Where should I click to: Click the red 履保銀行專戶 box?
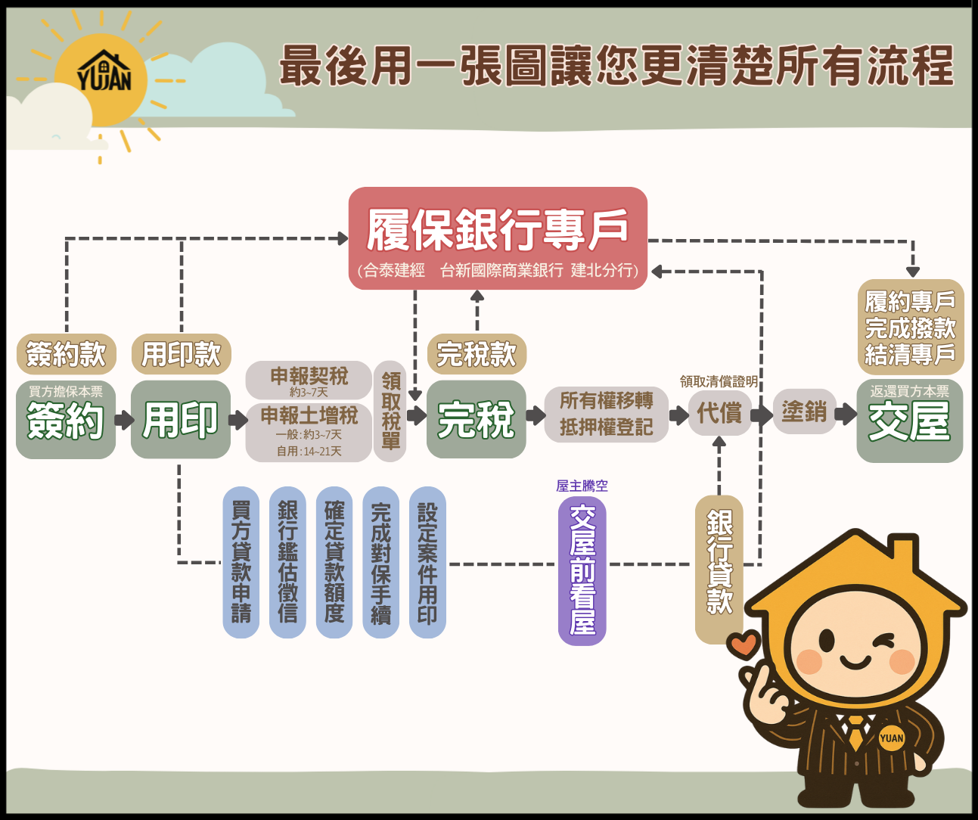click(x=498, y=238)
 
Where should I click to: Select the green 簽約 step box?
click(x=66, y=420)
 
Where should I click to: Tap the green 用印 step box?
click(x=181, y=420)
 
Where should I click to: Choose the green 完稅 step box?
click(x=477, y=420)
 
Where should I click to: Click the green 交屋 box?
click(x=909, y=421)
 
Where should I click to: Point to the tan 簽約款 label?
click(x=67, y=354)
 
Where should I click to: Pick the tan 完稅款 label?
click(x=477, y=354)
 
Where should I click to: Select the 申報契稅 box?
click(x=309, y=380)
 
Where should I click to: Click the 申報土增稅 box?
click(x=309, y=432)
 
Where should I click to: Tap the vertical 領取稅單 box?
click(x=390, y=412)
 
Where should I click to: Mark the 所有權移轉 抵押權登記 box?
click(x=607, y=414)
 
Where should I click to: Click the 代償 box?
click(x=719, y=413)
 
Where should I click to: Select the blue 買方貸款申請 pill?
click(x=241, y=562)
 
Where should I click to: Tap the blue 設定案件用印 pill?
click(x=427, y=562)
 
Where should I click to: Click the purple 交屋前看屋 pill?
click(x=582, y=571)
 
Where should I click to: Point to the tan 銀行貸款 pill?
click(x=719, y=569)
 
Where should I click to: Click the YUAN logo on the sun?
click(x=104, y=74)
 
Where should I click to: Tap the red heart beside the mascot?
click(x=743, y=645)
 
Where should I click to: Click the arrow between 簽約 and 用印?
click(x=124, y=419)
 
